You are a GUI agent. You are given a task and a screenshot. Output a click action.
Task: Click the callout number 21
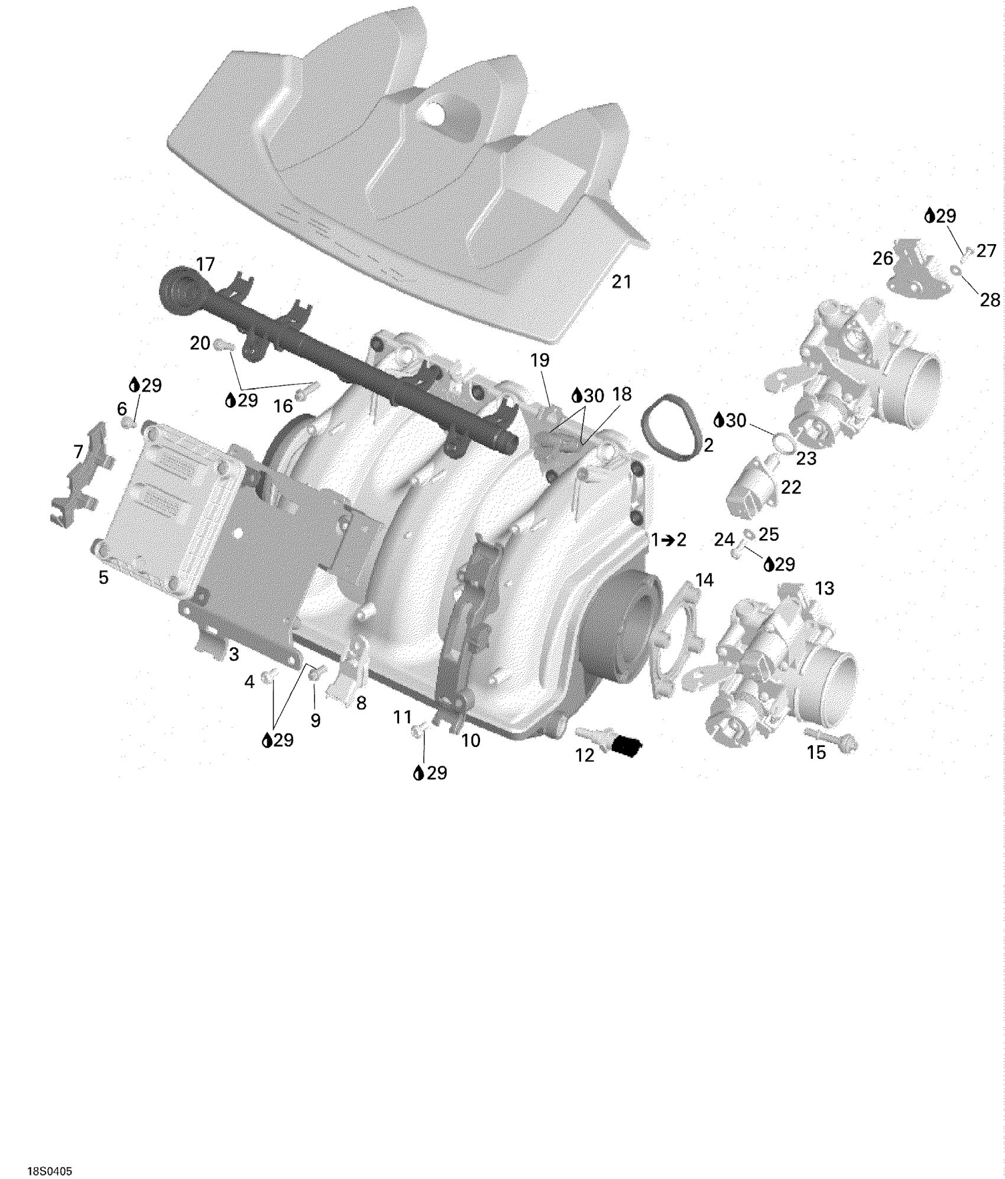tap(621, 282)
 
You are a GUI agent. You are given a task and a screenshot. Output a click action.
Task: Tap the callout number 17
tap(205, 264)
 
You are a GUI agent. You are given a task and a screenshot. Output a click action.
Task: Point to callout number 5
tap(103, 577)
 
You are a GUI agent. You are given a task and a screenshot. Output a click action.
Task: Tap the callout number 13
tap(825, 588)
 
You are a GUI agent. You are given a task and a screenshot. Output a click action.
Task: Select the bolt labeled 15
tap(831, 742)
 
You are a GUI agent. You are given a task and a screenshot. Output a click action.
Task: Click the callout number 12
tap(585, 755)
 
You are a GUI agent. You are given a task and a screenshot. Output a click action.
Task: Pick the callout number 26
tap(883, 258)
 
